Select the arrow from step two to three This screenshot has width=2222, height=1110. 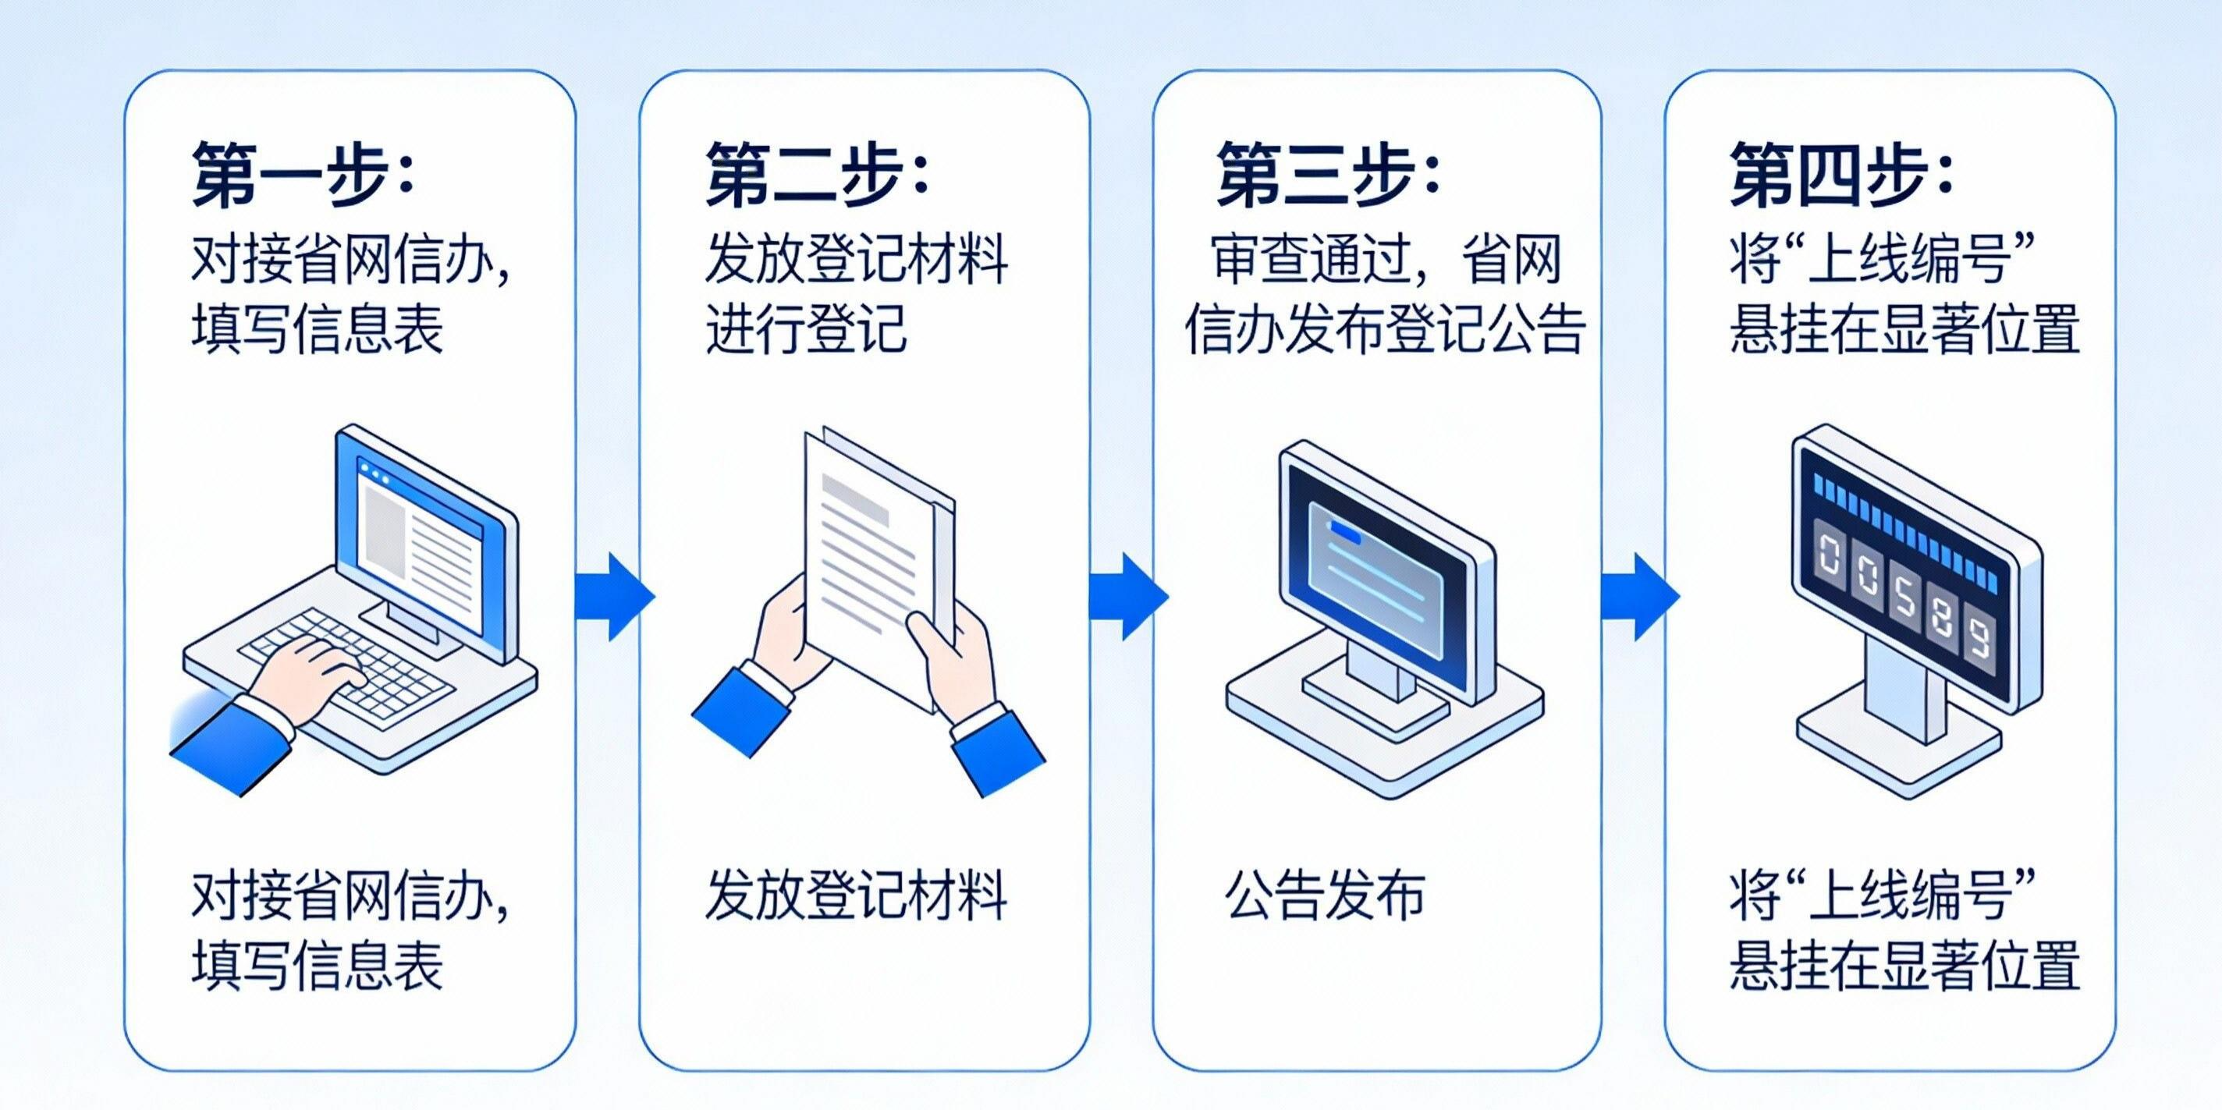pos(1128,597)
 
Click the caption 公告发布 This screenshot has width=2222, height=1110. pos(1325,895)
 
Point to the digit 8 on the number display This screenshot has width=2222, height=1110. pos(1942,620)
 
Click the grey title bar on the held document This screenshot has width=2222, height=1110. pos(855,499)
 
